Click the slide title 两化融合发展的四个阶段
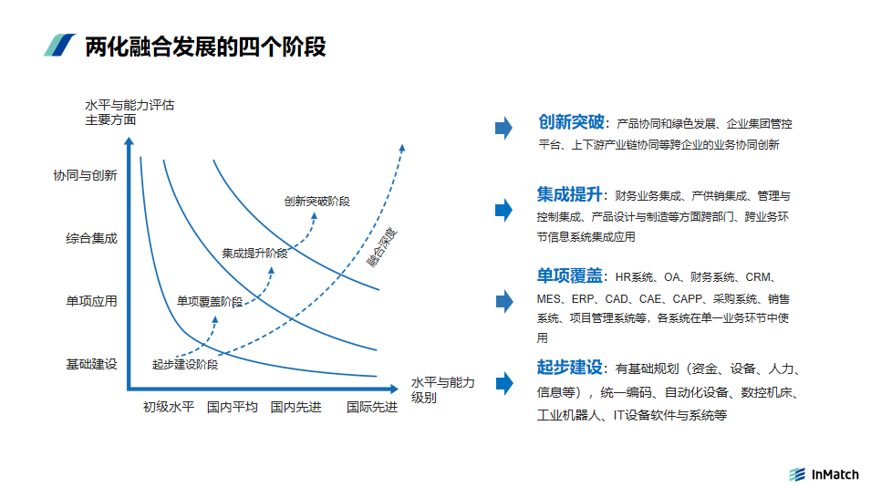click(205, 47)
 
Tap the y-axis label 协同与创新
click(85, 176)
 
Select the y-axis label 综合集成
click(91, 238)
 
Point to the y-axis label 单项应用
click(91, 301)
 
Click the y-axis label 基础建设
click(91, 364)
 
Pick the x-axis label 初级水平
click(169, 407)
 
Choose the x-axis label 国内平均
click(233, 407)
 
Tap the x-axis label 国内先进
click(296, 407)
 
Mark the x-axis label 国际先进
click(372, 407)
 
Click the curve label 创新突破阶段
click(317, 202)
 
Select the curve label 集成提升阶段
click(255, 254)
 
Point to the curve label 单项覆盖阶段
click(210, 301)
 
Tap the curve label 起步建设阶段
click(185, 364)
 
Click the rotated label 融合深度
click(381, 247)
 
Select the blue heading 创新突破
click(571, 121)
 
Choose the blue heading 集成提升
click(569, 194)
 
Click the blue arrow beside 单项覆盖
click(504, 301)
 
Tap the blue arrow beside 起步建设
click(504, 383)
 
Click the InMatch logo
click(824, 474)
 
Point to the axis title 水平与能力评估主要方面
click(130, 112)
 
